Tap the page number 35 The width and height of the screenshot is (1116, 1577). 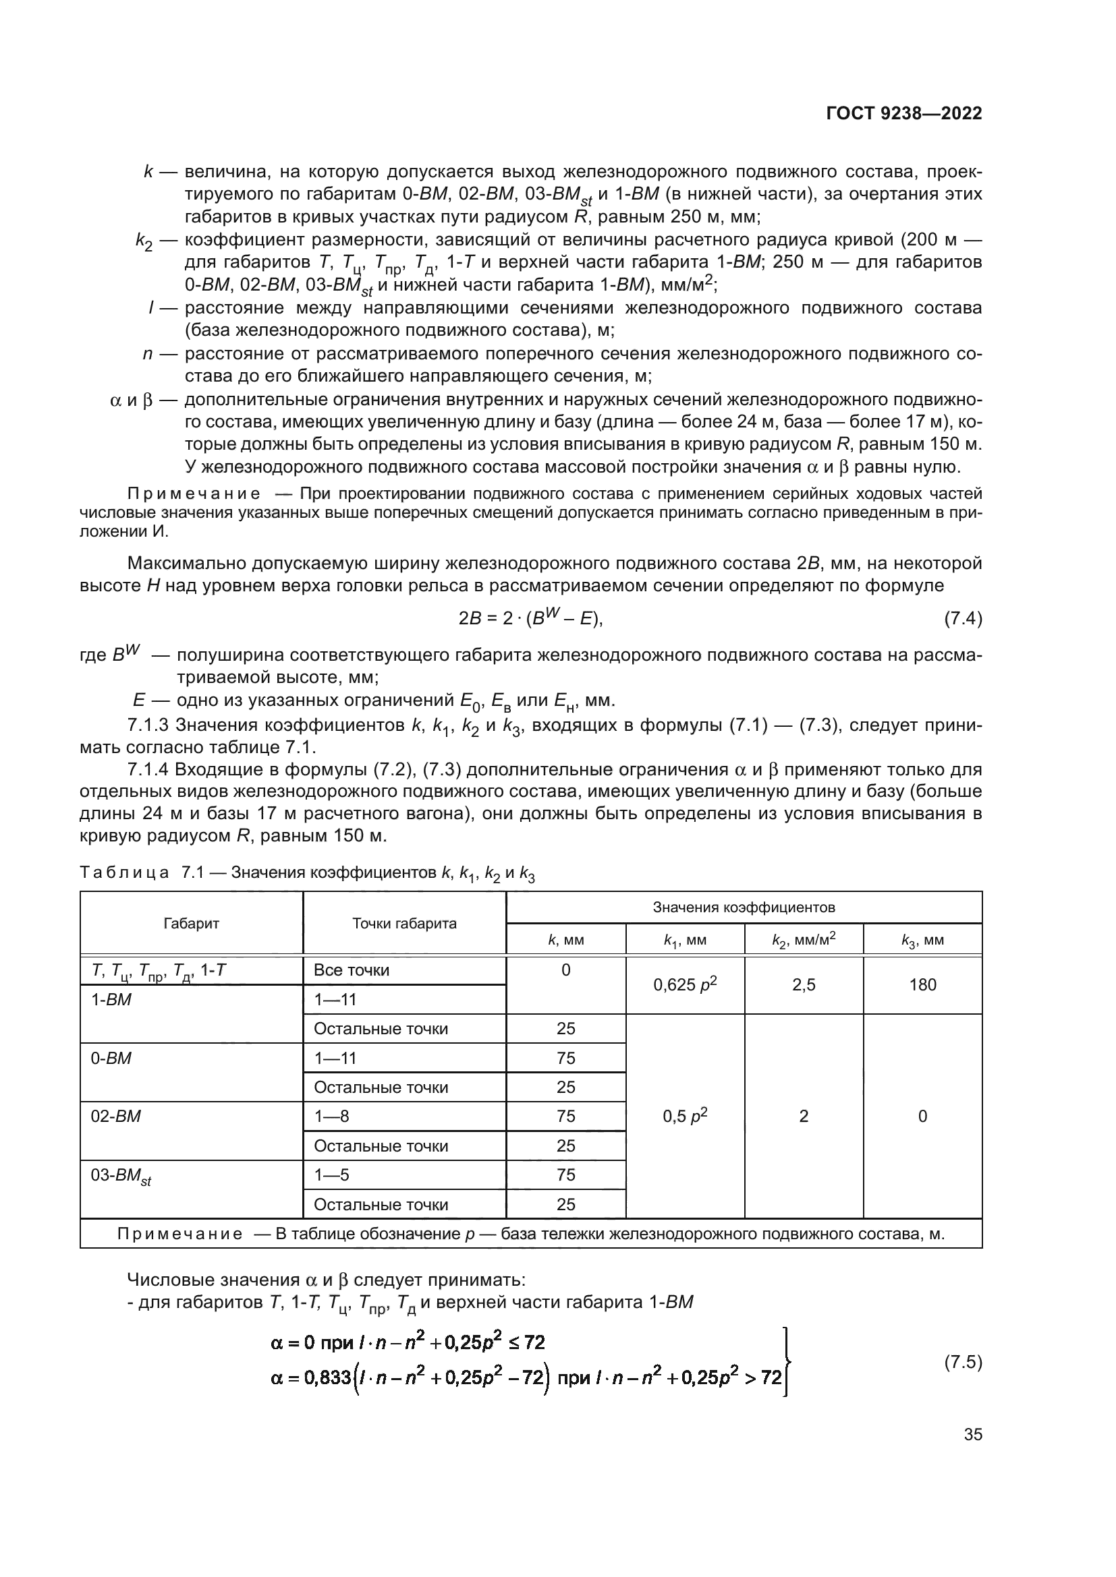(x=972, y=1434)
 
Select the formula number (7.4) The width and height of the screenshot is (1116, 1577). (x=963, y=619)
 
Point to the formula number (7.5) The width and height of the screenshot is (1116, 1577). (x=963, y=1362)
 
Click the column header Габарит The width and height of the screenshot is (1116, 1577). (x=191, y=923)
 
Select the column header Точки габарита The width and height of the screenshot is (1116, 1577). (x=404, y=923)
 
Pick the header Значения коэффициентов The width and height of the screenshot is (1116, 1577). (x=744, y=907)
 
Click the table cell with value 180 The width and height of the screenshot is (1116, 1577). (x=922, y=985)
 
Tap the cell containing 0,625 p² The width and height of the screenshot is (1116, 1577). (x=685, y=985)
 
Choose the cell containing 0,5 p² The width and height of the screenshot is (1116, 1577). (x=685, y=1116)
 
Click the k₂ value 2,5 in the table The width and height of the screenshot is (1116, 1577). (x=804, y=985)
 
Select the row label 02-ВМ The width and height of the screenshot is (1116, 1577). (x=115, y=1116)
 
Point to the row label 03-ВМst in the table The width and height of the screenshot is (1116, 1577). (x=121, y=1176)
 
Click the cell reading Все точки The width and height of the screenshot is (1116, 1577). (x=351, y=970)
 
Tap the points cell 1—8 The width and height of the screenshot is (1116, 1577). (x=331, y=1116)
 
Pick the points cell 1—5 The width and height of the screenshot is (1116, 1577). (x=331, y=1175)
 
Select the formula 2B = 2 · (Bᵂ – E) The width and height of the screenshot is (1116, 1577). (x=530, y=618)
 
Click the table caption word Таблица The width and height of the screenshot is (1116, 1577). (x=124, y=873)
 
